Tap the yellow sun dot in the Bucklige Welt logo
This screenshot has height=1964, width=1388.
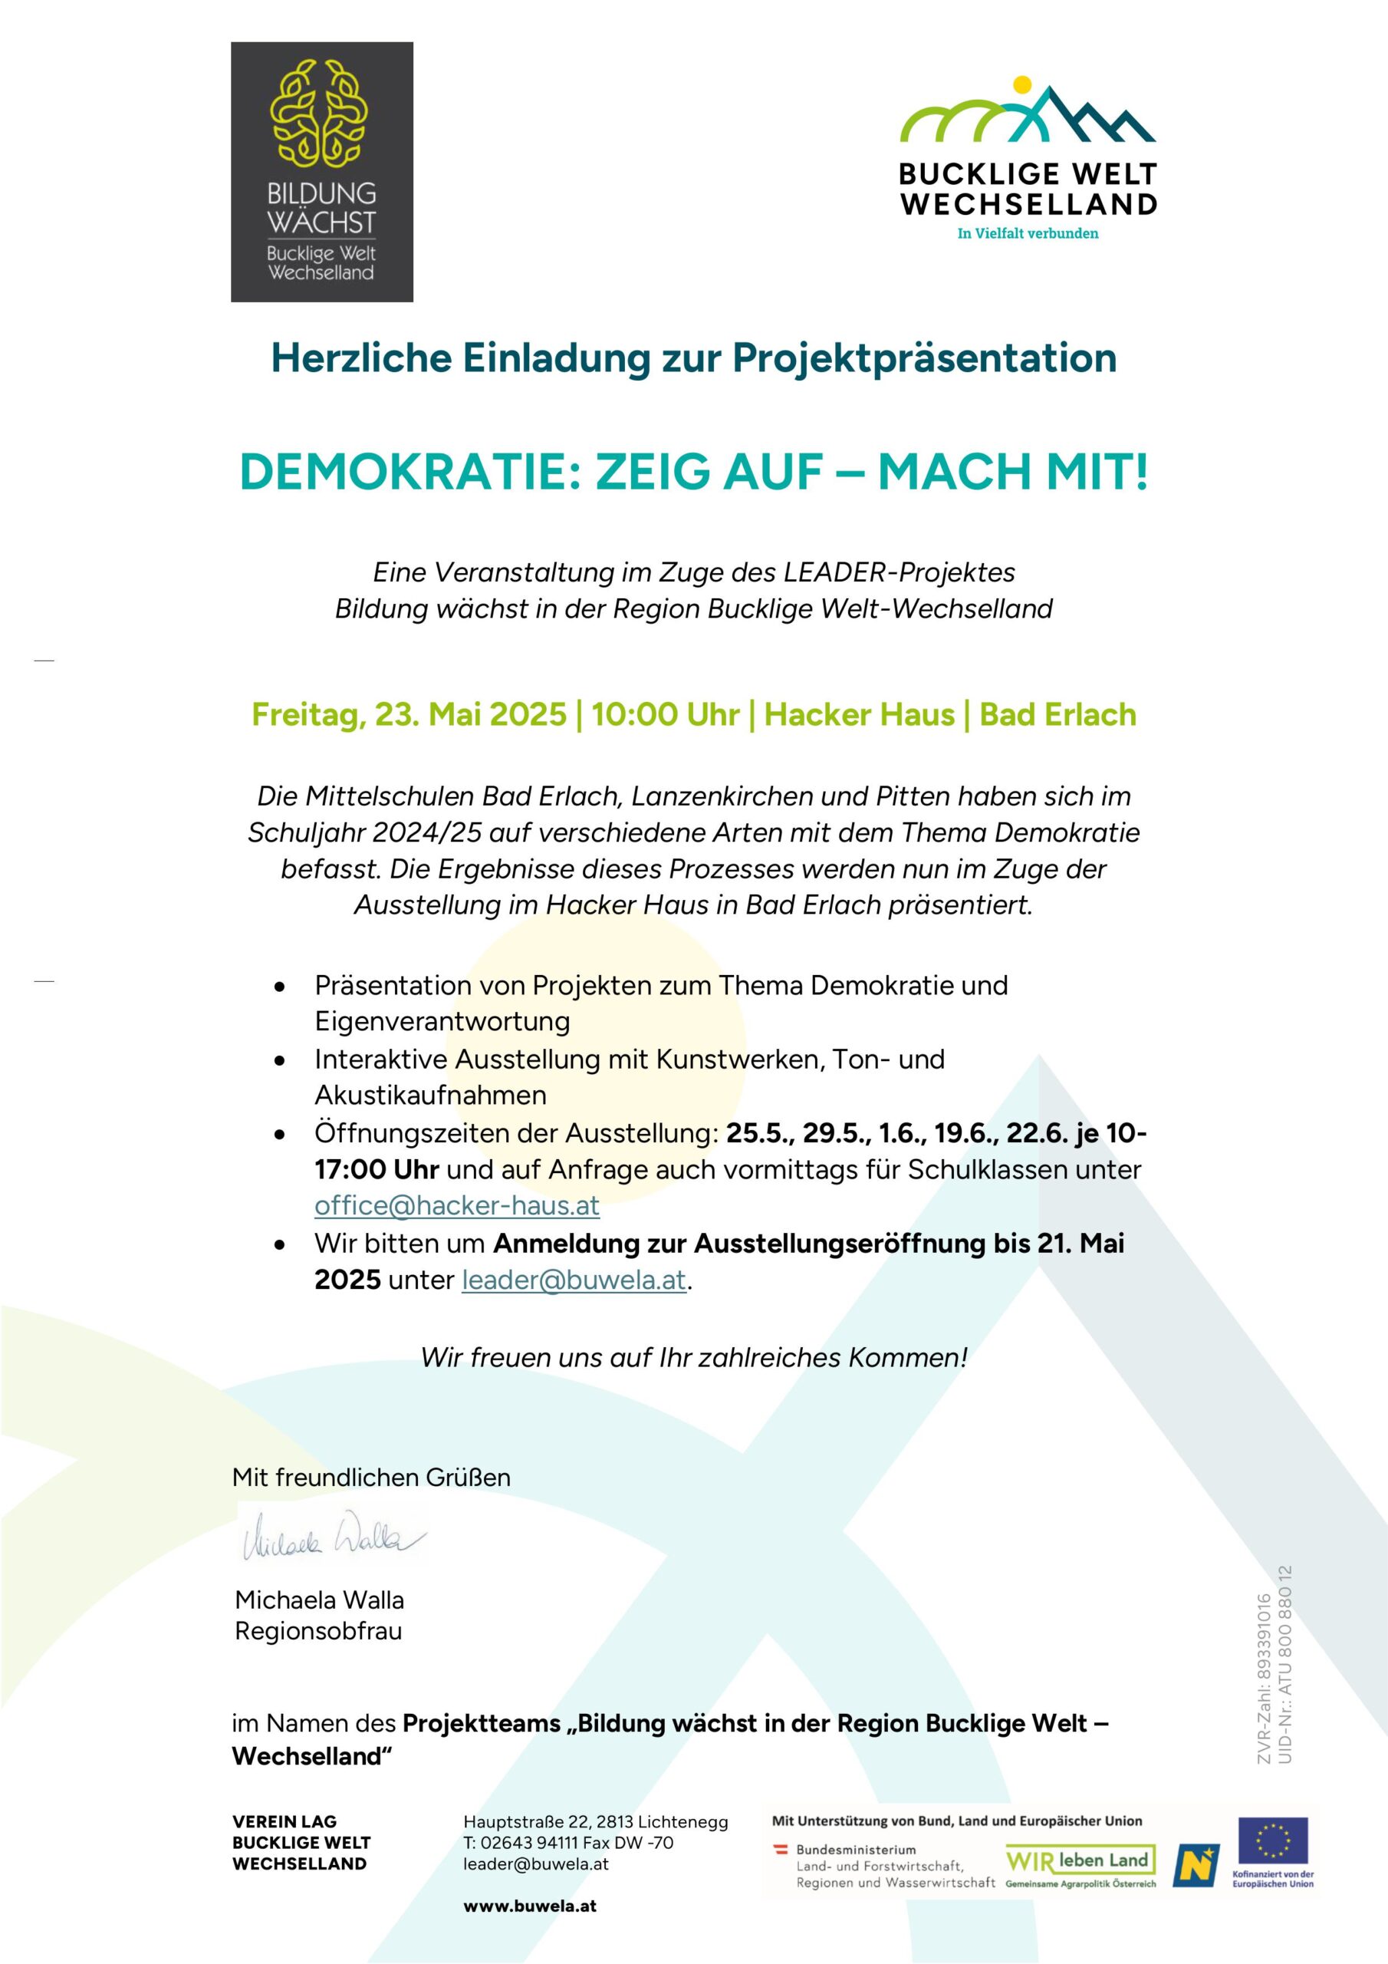1021,84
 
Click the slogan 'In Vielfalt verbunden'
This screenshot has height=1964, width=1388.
1027,233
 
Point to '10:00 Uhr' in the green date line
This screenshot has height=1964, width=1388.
665,714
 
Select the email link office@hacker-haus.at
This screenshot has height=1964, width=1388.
457,1205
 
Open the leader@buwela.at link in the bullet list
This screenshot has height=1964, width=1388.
574,1280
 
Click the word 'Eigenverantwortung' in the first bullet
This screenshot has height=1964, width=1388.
442,1021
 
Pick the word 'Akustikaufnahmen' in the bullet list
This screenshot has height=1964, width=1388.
430,1095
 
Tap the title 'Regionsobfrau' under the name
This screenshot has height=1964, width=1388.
318,1630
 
